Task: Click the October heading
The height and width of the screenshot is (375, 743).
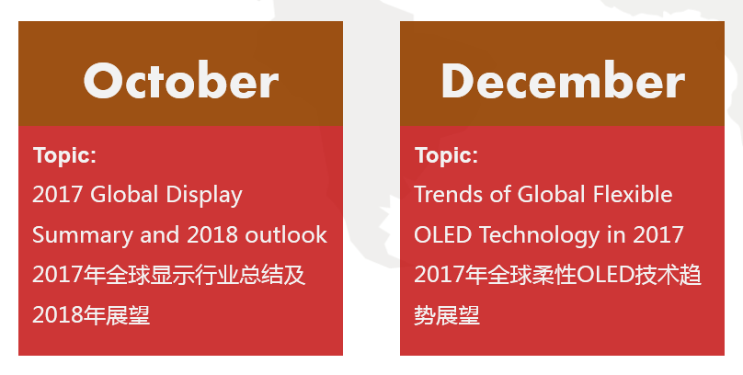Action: click(181, 80)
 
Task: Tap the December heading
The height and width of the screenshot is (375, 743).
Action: click(563, 80)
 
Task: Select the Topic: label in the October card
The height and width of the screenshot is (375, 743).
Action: click(64, 155)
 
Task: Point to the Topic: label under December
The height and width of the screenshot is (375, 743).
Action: click(446, 155)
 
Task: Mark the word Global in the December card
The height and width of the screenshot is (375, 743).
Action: click(552, 194)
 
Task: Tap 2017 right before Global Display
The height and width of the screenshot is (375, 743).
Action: click(57, 195)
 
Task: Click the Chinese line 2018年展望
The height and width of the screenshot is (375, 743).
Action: click(91, 315)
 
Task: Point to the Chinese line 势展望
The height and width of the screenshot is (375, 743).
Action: click(447, 315)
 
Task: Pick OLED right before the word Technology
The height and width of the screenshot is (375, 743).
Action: click(443, 235)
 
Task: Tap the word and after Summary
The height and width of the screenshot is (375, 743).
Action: click(160, 235)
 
